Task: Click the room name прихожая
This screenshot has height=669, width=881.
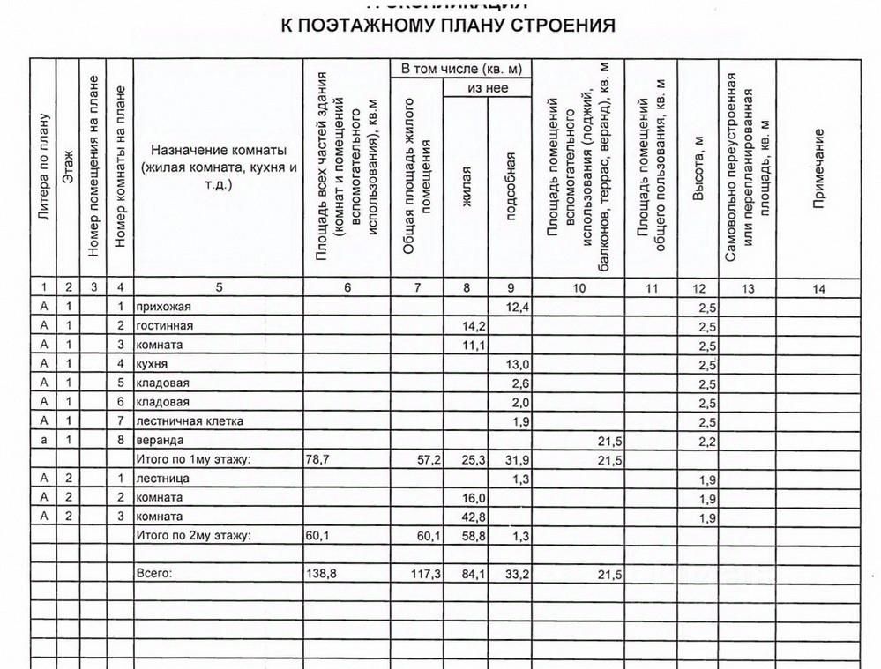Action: point(162,307)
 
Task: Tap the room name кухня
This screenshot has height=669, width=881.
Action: point(153,364)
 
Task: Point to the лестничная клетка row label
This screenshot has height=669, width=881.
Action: point(189,421)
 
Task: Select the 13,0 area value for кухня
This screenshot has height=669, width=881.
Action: point(519,364)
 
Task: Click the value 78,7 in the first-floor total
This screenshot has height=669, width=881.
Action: point(319,460)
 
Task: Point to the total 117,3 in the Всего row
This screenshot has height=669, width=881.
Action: point(424,574)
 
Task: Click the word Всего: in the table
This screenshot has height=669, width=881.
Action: point(155,574)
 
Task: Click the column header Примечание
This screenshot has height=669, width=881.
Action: point(819,169)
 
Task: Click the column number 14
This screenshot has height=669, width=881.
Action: point(819,287)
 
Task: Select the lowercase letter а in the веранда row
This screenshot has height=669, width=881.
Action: point(42,441)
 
